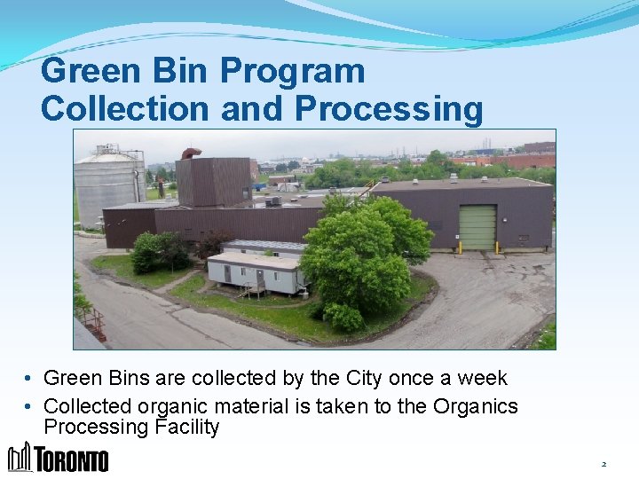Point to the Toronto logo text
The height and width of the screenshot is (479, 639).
click(72, 460)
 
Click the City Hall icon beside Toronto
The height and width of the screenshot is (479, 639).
click(20, 457)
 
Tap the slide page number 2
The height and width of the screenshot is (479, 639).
click(603, 464)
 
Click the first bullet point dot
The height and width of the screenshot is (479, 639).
click(29, 379)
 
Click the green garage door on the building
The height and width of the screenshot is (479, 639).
click(477, 227)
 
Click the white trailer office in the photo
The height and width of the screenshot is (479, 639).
click(254, 270)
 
